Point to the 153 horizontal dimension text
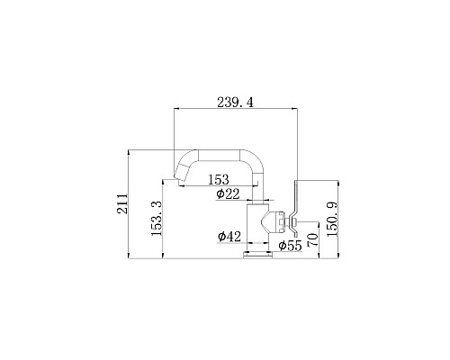point(216,180)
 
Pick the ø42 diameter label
point(228,237)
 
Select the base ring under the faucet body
point(257,255)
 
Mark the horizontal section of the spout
point(220,156)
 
